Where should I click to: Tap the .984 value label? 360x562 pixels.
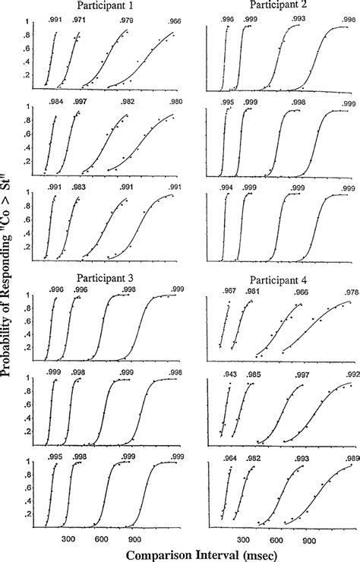pos(55,101)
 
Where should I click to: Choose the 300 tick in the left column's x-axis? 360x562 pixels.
pos(68,538)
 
